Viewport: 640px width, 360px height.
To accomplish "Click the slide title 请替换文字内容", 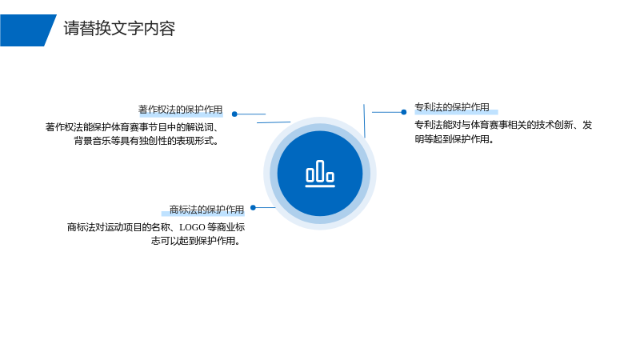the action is tap(119, 29).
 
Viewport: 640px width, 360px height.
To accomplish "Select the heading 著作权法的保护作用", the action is tap(181, 110).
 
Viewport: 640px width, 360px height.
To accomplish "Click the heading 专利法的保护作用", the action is tap(452, 107).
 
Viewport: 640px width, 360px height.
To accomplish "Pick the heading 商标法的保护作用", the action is tap(206, 210).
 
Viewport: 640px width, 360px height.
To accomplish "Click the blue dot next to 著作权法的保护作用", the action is tap(234, 114).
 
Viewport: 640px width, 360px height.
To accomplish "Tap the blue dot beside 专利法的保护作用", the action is tap(404, 112).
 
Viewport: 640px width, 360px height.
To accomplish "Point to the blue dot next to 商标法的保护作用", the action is tap(253, 207).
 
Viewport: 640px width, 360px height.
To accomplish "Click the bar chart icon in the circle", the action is tap(320, 174).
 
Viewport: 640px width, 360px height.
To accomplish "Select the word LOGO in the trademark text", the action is tap(192, 227).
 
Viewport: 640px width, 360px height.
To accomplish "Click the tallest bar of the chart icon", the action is tap(320, 170).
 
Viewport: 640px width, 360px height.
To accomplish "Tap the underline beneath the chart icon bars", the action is tap(320, 186).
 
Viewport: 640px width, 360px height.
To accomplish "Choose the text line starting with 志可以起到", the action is tap(196, 241).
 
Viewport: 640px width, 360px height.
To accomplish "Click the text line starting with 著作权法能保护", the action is tap(133, 127).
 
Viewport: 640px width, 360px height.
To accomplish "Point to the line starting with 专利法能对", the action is tap(503, 125).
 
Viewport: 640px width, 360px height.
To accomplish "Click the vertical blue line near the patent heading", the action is tap(364, 121).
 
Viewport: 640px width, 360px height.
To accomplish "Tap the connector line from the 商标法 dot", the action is tap(266, 207).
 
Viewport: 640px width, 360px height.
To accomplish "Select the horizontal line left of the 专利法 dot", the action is tap(386, 112).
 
